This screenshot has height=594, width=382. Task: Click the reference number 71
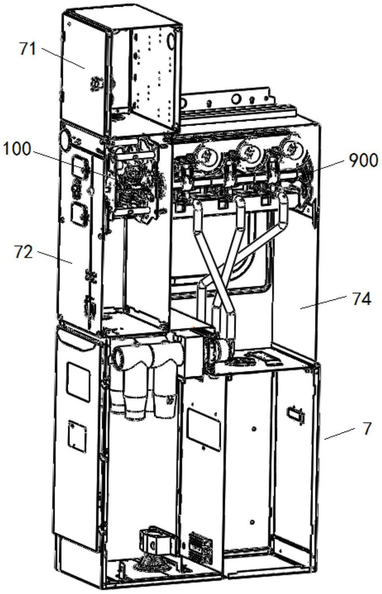[x=28, y=49]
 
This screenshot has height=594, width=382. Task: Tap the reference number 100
[x=17, y=149]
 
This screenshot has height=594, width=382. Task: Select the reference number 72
[x=23, y=252]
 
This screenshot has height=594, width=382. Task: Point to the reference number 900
[x=363, y=161]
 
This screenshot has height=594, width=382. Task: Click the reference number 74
[x=361, y=299]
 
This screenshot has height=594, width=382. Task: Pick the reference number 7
[x=367, y=428]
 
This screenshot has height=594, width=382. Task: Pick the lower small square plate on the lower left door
[x=77, y=436]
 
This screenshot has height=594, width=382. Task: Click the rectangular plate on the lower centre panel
[x=203, y=430]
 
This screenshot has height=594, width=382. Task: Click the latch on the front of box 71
[x=95, y=84]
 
